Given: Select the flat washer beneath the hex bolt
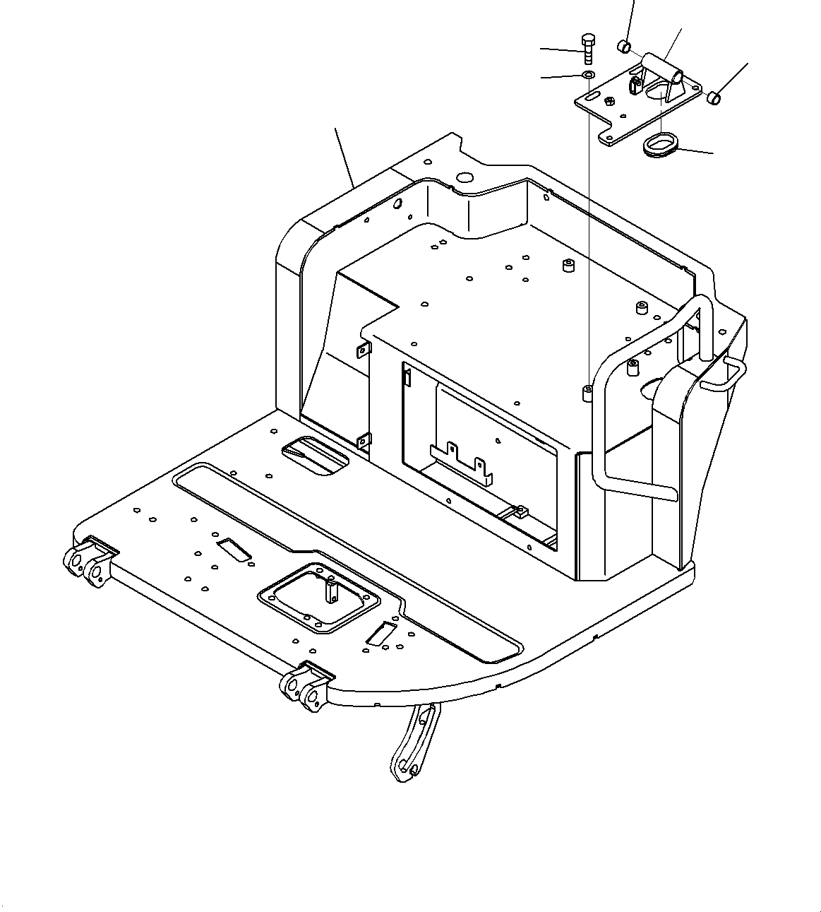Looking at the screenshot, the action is coord(587,75).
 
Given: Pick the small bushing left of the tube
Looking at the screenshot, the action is coord(624,47).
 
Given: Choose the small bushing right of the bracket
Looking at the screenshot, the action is coord(714,98).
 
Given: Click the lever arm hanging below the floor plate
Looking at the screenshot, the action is coord(414,742).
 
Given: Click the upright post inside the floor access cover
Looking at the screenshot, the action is coord(330,589).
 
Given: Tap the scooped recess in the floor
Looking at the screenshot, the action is coord(315,456).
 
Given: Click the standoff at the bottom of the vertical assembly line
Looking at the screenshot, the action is coord(587,393).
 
